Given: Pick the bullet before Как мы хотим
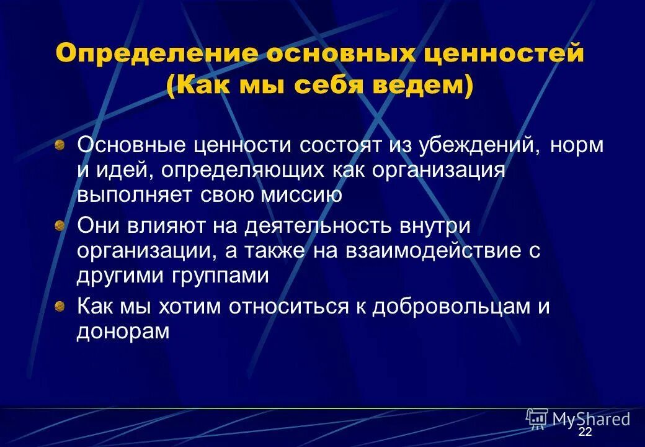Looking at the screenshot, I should [x=60, y=306].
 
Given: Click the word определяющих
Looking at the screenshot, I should [x=246, y=171].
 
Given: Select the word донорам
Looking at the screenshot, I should [x=123, y=331].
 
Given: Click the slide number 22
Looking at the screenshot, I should [x=585, y=432].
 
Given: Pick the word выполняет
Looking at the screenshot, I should [x=134, y=196].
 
